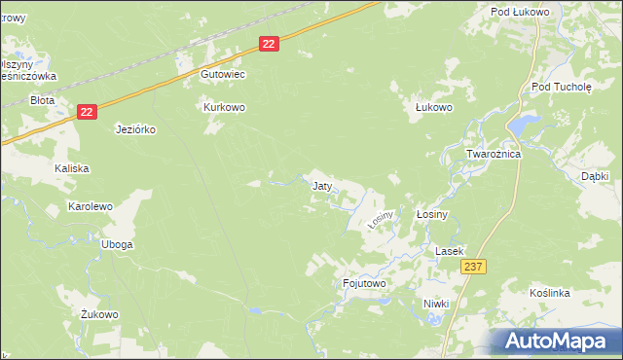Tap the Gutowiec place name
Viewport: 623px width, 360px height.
(222, 74)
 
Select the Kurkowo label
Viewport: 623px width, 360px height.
(223, 107)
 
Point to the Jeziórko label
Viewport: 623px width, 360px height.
(135, 128)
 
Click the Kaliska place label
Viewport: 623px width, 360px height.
(72, 168)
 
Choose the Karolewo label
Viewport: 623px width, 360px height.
(90, 206)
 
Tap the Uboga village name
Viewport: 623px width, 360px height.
(116, 244)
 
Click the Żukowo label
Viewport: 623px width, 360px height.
(99, 314)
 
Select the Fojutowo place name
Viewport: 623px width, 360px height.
(365, 283)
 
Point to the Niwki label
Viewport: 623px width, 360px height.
(436, 304)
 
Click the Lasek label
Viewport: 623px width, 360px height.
(450, 250)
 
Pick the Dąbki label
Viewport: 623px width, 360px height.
(594, 176)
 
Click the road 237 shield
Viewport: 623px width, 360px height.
(474, 267)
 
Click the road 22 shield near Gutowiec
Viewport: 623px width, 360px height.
(270, 43)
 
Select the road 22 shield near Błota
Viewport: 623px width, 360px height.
(88, 113)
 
